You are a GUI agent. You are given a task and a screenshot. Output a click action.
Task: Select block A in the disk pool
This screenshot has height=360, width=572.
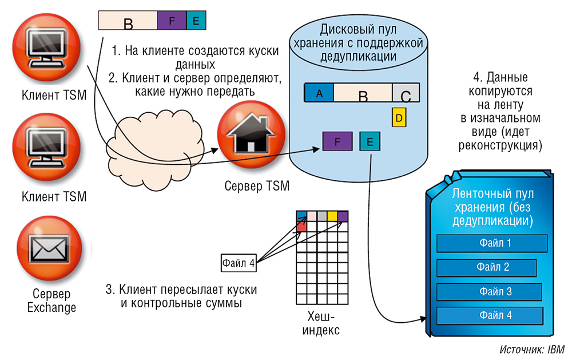(319, 93)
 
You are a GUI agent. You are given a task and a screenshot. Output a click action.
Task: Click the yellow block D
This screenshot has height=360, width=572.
(399, 117)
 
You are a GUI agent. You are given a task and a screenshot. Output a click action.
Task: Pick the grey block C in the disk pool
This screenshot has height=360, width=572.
(406, 93)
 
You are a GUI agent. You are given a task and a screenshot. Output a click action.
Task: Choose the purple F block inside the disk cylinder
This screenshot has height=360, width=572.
(337, 141)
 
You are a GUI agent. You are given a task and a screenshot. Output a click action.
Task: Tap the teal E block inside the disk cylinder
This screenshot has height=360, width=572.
(369, 141)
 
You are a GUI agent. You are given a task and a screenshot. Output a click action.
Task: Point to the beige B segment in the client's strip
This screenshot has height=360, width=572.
(128, 21)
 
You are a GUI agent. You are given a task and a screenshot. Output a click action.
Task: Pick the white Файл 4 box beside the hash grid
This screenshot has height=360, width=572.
(239, 263)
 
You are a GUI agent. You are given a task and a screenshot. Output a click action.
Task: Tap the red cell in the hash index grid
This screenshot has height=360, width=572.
(301, 227)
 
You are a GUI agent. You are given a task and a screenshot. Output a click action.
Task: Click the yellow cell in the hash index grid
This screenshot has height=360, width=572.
(332, 216)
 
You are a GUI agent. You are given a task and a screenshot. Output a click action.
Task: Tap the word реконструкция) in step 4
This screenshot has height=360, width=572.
(502, 145)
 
